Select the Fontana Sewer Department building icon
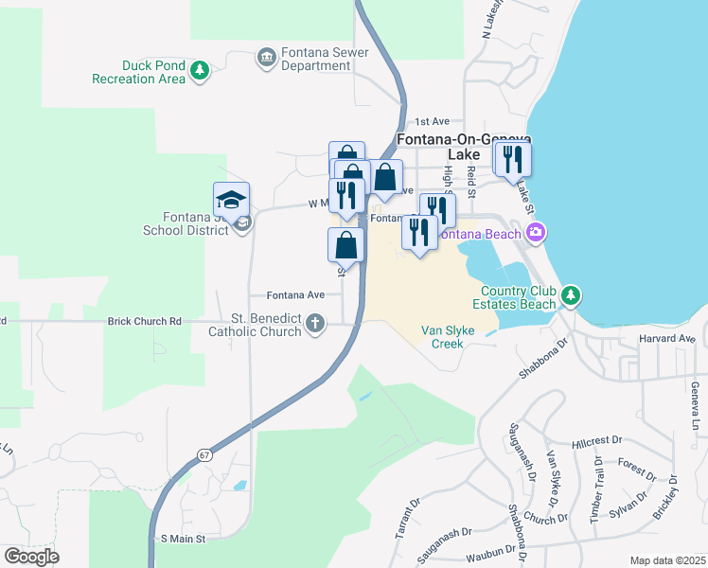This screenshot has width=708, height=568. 266,59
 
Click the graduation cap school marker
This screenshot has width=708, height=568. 232,199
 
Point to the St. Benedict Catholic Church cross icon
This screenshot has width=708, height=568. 315,325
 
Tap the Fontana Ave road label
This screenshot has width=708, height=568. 294,294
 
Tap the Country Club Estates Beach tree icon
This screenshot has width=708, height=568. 571,295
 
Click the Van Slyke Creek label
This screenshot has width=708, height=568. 442,337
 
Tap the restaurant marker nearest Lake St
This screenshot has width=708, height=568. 513,158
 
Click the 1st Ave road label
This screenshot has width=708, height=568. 433,122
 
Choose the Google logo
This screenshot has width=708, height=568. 31,557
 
